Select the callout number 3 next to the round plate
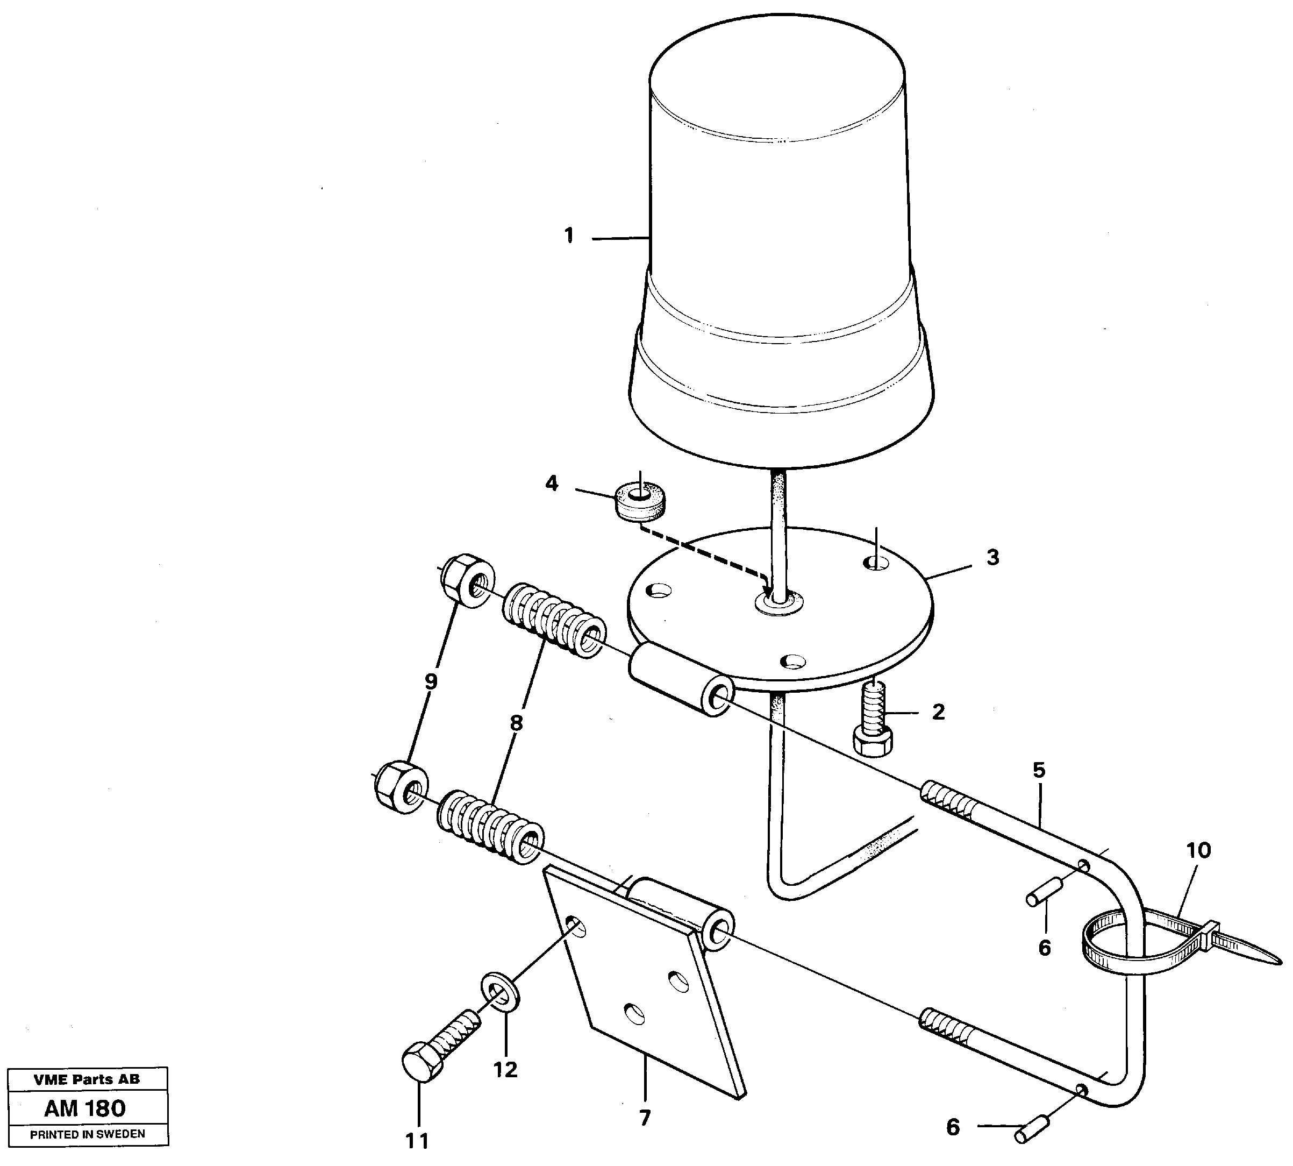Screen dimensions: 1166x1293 992,557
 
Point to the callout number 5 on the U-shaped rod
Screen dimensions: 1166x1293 1039,771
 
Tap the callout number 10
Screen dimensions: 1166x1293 1198,851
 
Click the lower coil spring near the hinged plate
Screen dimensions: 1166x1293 490,827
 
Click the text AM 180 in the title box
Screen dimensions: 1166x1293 85,1108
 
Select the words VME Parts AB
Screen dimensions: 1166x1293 87,1079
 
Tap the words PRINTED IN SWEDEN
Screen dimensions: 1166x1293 87,1134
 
